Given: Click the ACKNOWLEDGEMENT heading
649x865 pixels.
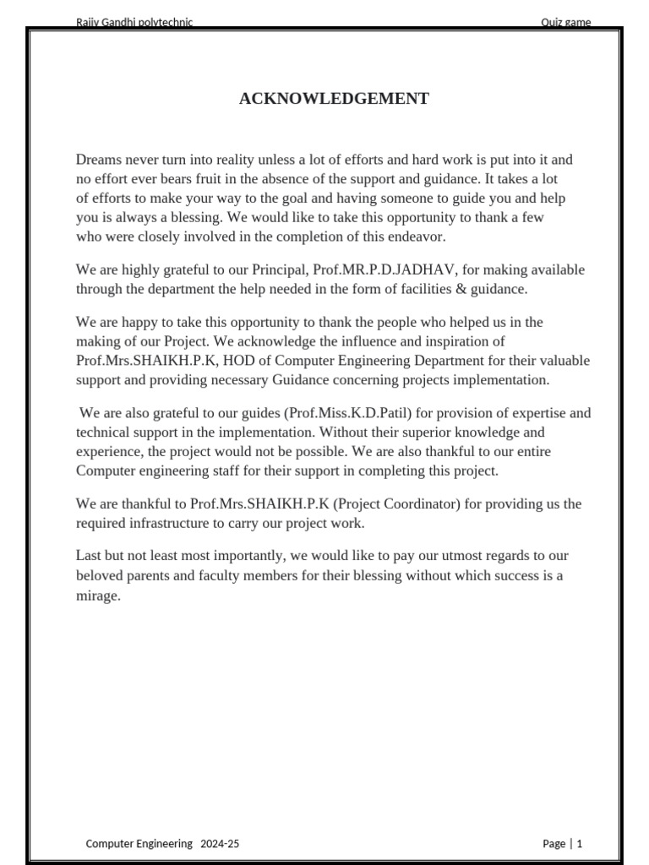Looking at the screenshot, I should [334, 99].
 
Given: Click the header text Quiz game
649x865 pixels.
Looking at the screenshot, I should [565, 23].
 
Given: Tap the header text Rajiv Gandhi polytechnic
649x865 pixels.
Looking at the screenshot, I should [134, 23].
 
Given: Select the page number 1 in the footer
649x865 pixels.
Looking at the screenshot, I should [580, 843].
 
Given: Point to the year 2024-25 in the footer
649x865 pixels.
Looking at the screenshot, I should [220, 843].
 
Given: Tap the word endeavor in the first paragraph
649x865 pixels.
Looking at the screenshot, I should [415, 237].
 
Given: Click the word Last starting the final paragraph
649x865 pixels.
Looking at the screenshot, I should [90, 556].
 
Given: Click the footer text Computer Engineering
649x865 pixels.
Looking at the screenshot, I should [139, 843].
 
